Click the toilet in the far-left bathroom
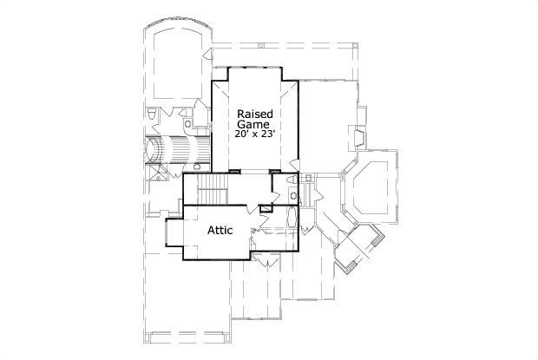click(152, 114)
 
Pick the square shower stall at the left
click(158, 172)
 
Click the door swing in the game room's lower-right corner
click(293, 162)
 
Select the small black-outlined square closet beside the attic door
click(266, 207)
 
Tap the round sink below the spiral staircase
click(197, 166)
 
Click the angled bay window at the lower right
click(356, 247)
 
